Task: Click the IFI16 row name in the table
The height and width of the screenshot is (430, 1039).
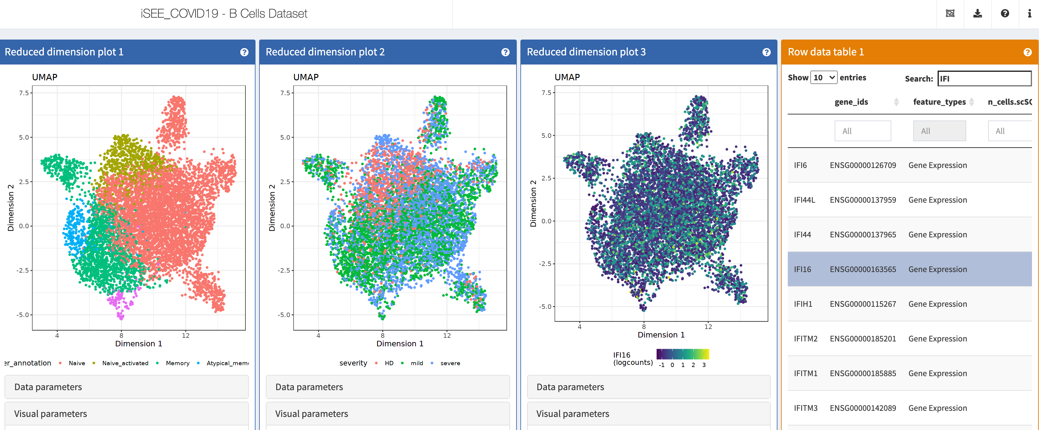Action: coord(802,269)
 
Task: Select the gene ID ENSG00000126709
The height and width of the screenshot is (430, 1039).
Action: coord(863,165)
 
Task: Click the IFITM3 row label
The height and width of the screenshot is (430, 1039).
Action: coord(805,408)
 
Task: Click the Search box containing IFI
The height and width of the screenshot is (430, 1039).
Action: coord(984,79)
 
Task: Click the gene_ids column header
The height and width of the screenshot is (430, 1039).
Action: coord(851,102)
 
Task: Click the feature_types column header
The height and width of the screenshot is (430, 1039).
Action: coord(939,102)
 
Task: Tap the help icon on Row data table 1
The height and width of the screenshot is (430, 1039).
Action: coord(1027,52)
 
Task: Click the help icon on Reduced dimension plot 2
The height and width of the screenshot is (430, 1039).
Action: coord(505,52)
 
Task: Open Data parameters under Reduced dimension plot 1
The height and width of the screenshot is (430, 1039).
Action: coord(127,387)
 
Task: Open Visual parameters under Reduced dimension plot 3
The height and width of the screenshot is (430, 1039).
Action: coord(649,414)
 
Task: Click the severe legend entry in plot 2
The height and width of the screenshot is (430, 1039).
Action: coord(450,363)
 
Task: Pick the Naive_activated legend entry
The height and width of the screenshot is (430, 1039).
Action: coord(125,363)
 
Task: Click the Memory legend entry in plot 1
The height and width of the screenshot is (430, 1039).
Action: coord(178,363)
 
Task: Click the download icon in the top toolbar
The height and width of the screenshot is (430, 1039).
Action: coord(977,14)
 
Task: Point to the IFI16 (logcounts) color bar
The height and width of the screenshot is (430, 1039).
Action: coord(682,354)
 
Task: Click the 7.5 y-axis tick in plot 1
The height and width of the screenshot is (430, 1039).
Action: coord(24,93)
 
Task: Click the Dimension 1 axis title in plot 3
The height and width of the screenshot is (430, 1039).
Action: coord(661,335)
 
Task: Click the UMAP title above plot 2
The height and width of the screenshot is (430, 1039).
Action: coord(306,77)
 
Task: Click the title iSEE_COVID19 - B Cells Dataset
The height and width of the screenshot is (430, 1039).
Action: coord(224,14)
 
